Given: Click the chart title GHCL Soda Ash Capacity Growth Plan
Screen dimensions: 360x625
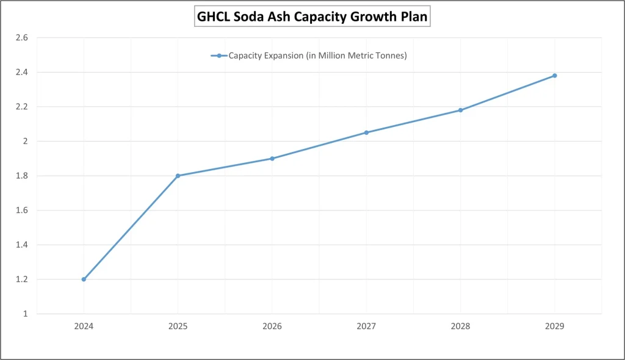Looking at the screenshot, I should pyautogui.click(x=312, y=17).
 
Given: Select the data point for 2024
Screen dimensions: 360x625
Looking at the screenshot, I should pyautogui.click(x=84, y=279).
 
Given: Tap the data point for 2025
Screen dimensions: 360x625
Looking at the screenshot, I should pyautogui.click(x=178, y=176).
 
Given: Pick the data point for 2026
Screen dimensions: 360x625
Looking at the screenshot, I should pyautogui.click(x=272, y=159).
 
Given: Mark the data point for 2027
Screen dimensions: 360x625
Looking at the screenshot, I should pyautogui.click(x=366, y=132).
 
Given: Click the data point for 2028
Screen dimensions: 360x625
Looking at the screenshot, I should pyautogui.click(x=460, y=110).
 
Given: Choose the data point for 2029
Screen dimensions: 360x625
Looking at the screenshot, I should pyautogui.click(x=554, y=76).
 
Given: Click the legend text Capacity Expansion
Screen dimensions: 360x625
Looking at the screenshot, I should pyautogui.click(x=317, y=56).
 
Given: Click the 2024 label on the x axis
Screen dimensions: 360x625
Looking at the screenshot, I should pyautogui.click(x=84, y=326).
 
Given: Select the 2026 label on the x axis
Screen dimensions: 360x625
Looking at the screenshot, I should pyautogui.click(x=272, y=326).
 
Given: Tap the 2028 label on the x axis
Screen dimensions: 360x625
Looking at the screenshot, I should pyautogui.click(x=460, y=326).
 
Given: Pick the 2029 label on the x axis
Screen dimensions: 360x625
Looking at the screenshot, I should pyautogui.click(x=554, y=326).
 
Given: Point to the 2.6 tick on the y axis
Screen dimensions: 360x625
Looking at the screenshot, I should pyautogui.click(x=22, y=38).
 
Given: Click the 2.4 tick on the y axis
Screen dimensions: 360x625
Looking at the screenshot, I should pyautogui.click(x=22, y=72).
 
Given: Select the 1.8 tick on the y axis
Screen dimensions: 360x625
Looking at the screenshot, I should pyautogui.click(x=22, y=176).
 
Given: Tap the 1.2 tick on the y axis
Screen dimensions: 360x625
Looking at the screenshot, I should pyautogui.click(x=22, y=279).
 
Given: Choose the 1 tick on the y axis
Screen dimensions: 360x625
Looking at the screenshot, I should pyautogui.click(x=25, y=314).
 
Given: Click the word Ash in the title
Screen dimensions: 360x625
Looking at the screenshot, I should pyautogui.click(x=279, y=17).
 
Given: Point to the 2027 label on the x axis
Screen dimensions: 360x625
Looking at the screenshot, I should pyautogui.click(x=366, y=326).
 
